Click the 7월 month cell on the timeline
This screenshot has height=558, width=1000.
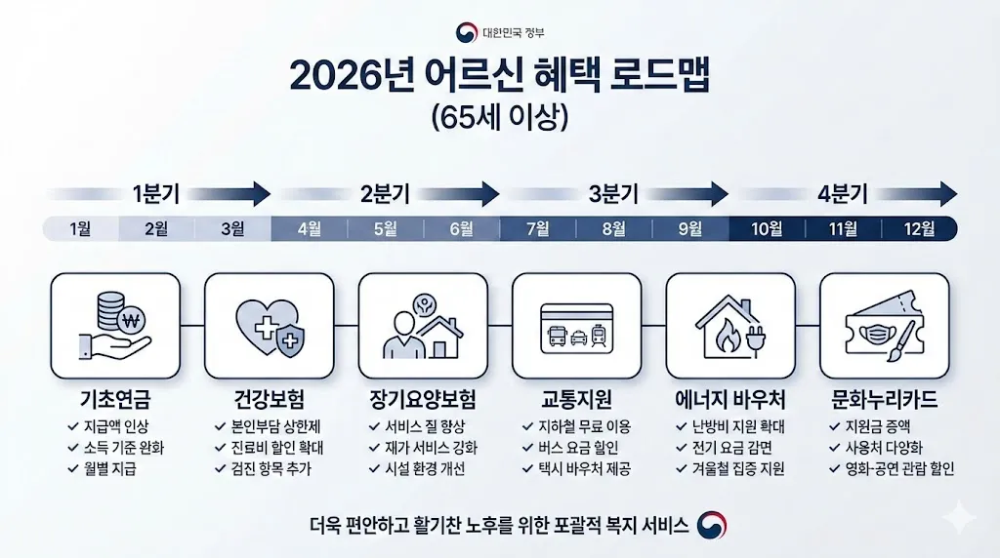537,229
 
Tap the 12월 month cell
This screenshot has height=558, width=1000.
919,229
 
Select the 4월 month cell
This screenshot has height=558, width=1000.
309,229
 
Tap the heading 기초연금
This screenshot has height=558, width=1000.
115,400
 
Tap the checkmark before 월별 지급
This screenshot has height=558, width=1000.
74,468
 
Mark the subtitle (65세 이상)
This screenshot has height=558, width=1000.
499,117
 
